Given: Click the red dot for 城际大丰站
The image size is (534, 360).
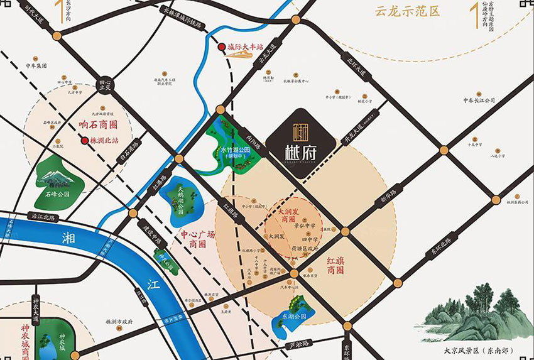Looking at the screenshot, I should tap(221, 47).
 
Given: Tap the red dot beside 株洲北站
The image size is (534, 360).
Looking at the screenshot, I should tap(84, 141).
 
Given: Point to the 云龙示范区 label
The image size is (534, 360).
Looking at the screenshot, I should tap(406, 11).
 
